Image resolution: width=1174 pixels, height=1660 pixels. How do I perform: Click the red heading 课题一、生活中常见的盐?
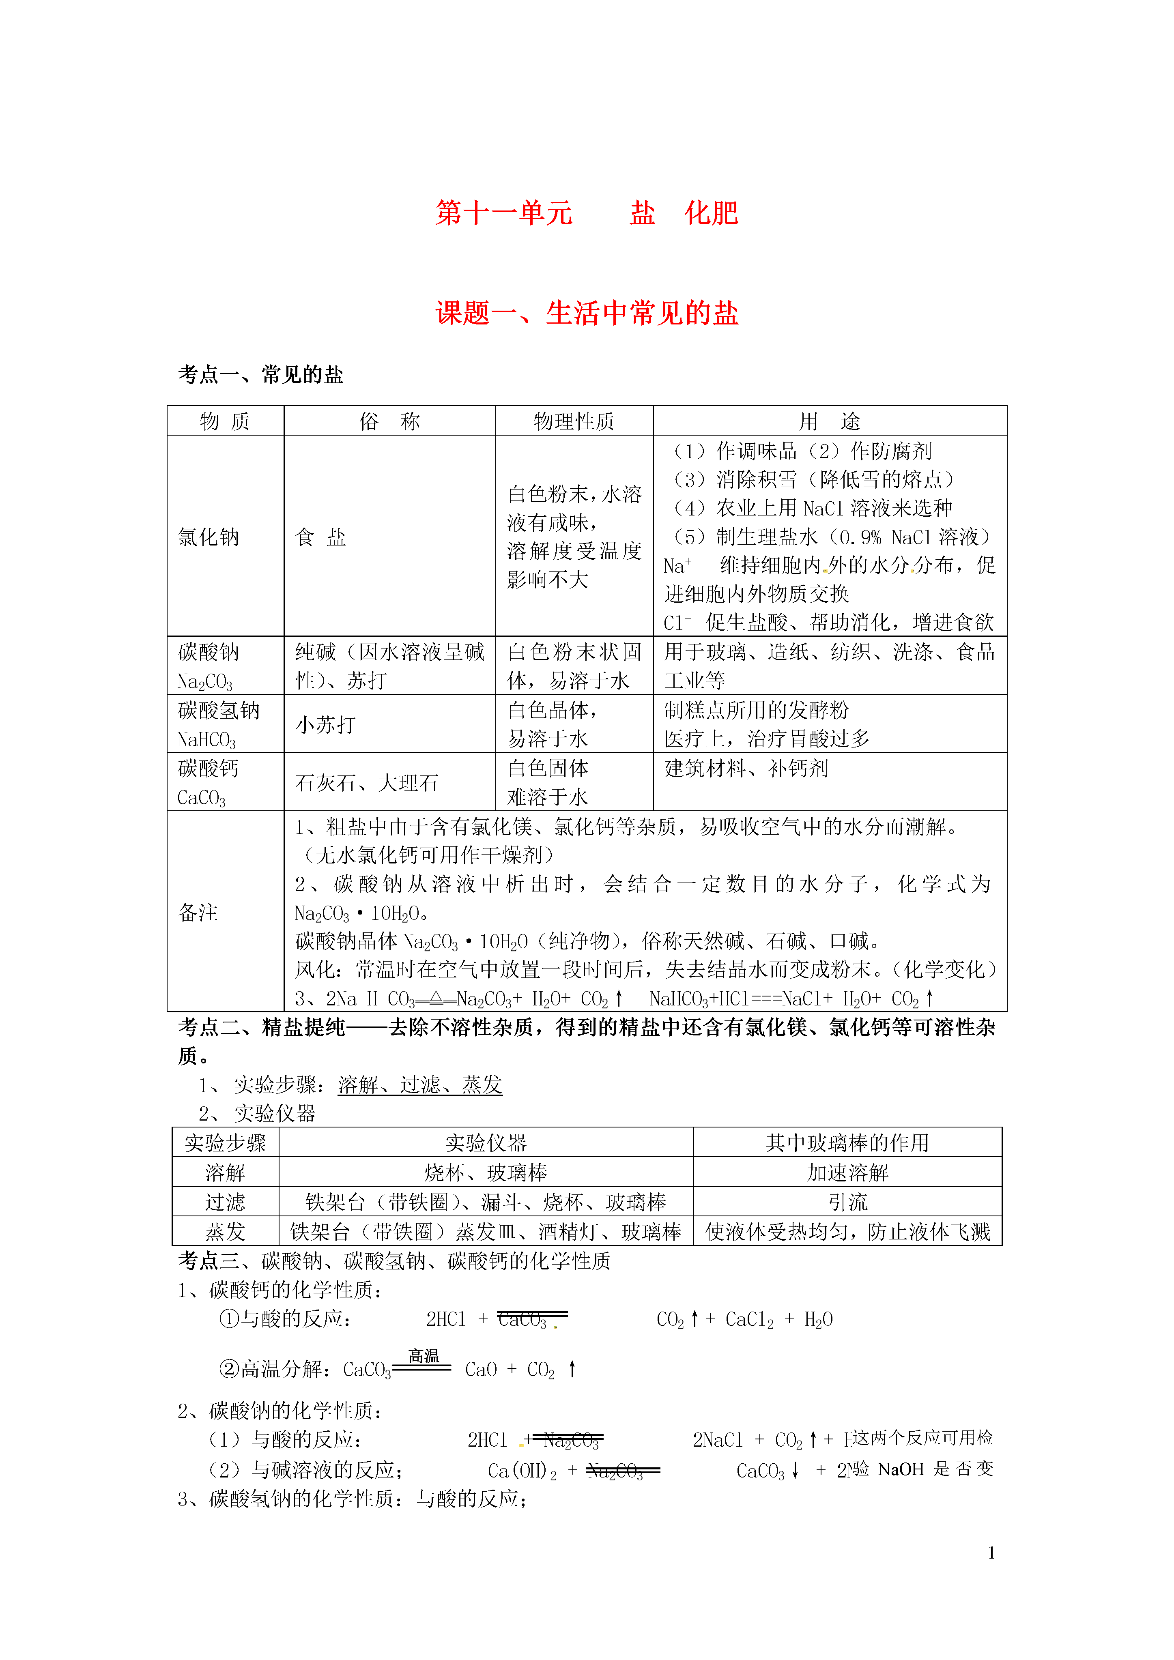[587, 313]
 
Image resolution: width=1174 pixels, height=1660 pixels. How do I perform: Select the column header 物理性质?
[574, 421]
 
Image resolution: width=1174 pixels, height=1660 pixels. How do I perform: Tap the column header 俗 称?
[389, 421]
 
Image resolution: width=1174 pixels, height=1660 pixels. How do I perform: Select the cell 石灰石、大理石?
[367, 782]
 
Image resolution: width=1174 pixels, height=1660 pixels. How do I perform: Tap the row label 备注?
[198, 913]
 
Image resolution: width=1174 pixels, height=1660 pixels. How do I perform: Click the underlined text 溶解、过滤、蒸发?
[419, 1084]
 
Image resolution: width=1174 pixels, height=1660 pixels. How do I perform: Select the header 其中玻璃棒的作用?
[847, 1142]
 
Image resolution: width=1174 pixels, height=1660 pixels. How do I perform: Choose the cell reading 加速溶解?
[847, 1172]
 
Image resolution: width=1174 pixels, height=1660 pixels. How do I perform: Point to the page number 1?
[991, 1552]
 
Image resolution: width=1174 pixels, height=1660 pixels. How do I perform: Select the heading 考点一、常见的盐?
[260, 374]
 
